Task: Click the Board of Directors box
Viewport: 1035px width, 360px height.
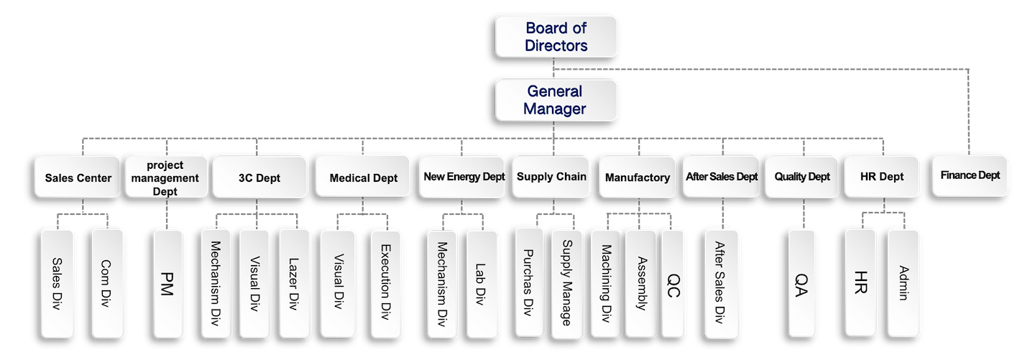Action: point(556,37)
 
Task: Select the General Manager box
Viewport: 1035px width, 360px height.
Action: point(556,100)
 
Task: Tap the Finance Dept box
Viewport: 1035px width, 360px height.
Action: point(970,175)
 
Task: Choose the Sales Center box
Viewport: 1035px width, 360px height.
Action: point(78,177)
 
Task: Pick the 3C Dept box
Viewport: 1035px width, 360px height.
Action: point(258,177)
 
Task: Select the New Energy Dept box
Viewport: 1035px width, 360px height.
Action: point(463,177)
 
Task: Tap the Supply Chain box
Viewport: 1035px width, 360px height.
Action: point(552,176)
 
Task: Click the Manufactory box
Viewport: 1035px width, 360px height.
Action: point(637,177)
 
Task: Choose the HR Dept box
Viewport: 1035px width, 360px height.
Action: point(881,176)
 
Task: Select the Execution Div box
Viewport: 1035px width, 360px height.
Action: point(386,283)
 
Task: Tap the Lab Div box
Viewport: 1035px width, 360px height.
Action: point(481,283)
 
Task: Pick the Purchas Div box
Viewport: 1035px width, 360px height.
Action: point(530,282)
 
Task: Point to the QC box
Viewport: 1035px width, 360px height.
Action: point(674,282)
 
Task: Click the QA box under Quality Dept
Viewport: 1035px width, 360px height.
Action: point(801,283)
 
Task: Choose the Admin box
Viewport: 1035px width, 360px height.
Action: point(903,282)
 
